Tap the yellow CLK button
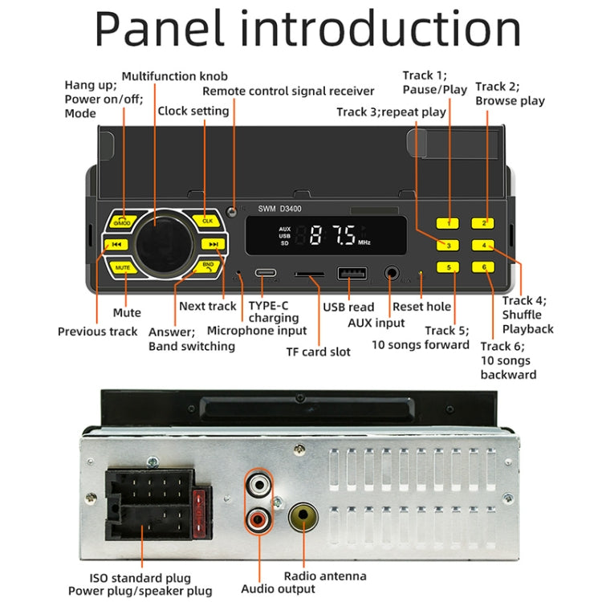(x=207, y=220)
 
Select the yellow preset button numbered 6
(x=484, y=266)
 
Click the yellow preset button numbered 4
(x=484, y=245)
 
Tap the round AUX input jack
(x=393, y=274)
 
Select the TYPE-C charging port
(x=268, y=274)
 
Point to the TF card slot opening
(x=309, y=275)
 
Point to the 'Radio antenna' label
(x=325, y=576)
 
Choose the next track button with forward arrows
(x=213, y=245)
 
